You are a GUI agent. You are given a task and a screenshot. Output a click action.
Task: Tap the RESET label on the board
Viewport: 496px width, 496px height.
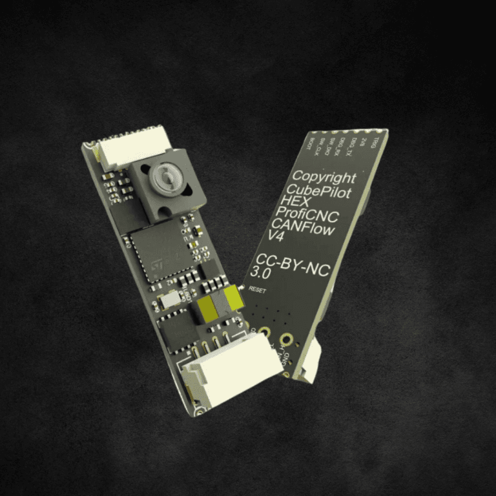tap(257, 291)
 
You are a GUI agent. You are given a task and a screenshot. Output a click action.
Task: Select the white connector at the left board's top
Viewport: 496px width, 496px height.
tap(134, 147)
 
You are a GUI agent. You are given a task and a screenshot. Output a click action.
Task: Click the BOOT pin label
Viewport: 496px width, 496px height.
tap(311, 145)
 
